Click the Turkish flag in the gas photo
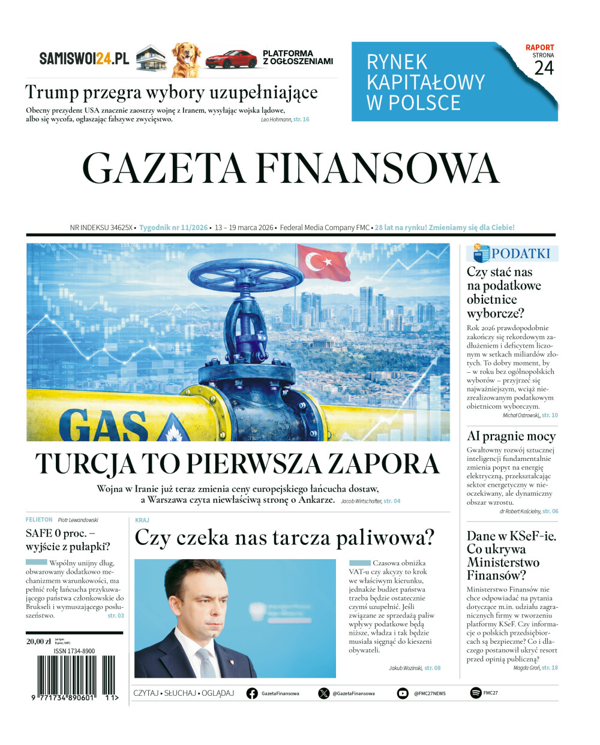pyautogui.click(x=323, y=263)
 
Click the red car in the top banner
pyautogui.click(x=230, y=59)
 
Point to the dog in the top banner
pyautogui.click(x=186, y=59)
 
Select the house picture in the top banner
pyautogui.click(x=151, y=59)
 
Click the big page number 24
pyautogui.click(x=544, y=68)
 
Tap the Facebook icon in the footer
pyautogui.click(x=252, y=693)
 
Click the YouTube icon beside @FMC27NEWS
pyautogui.click(x=403, y=693)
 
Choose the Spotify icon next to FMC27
pyautogui.click(x=475, y=693)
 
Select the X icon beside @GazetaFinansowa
pyautogui.click(x=323, y=693)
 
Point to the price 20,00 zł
pyautogui.click(x=38, y=641)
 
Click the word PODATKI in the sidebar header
pyautogui.click(x=520, y=254)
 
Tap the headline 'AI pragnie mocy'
pyautogui.click(x=511, y=436)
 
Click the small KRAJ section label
pyautogui.click(x=142, y=520)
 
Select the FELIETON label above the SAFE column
pyautogui.click(x=39, y=520)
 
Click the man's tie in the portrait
pyautogui.click(x=207, y=662)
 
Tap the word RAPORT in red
pyautogui.click(x=539, y=47)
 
